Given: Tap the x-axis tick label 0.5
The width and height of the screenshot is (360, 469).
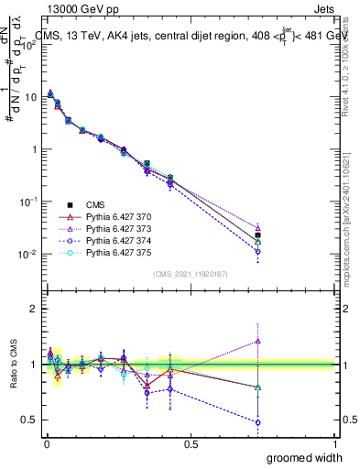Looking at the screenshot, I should pos(191,443).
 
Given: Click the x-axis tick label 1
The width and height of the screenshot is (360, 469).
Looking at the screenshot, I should pos(335,443).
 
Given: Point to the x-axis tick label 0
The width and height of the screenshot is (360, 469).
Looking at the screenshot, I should pos(46,443).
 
